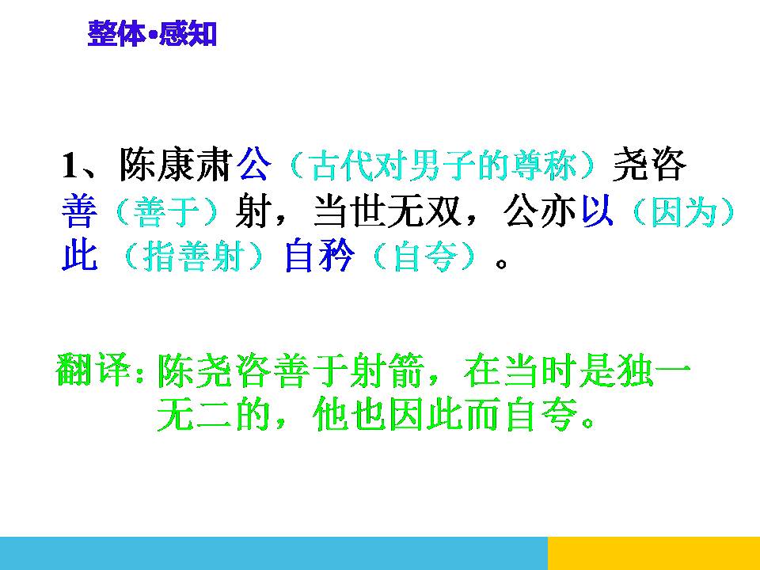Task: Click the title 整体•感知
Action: point(151,35)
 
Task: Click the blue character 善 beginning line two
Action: point(80,212)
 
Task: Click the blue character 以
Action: point(598,211)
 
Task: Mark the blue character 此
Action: point(80,257)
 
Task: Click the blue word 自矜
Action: point(317,257)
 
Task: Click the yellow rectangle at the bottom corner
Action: point(653,553)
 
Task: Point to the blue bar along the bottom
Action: point(273,553)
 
